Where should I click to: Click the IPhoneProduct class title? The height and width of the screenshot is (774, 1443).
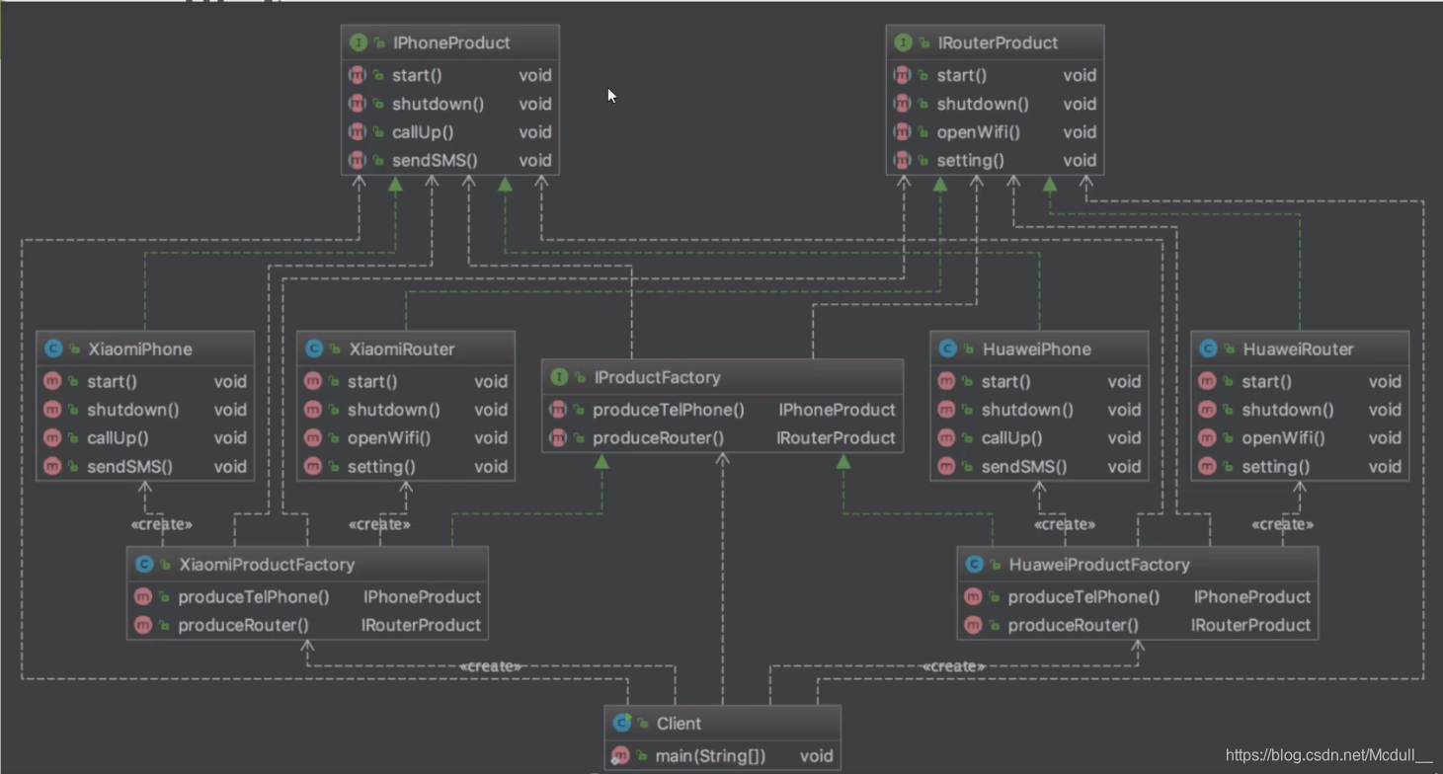pyautogui.click(x=450, y=43)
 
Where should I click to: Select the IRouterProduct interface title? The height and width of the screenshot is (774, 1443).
pyautogui.click(x=996, y=43)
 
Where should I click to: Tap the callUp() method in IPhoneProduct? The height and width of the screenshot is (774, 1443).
pyautogui.click(x=423, y=132)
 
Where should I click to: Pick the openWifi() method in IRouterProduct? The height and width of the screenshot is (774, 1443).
pyautogui.click(x=978, y=132)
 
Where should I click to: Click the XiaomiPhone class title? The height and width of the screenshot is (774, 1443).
pyautogui.click(x=140, y=349)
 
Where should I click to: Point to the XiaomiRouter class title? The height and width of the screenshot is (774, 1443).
pyautogui.click(x=402, y=349)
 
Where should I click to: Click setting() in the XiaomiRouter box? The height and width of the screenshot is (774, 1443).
pyautogui.click(x=381, y=467)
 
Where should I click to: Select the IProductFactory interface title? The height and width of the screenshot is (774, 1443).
pyautogui.click(x=657, y=378)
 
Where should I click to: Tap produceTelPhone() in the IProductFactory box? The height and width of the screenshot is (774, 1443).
pyautogui.click(x=668, y=410)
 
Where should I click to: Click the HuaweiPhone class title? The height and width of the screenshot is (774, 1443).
pyautogui.click(x=1036, y=349)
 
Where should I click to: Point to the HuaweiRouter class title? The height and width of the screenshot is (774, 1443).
pyautogui.click(x=1298, y=349)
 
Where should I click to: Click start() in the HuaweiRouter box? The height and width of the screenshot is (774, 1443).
pyautogui.click(x=1266, y=382)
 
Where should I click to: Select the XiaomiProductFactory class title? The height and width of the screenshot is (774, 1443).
pyautogui.click(x=266, y=565)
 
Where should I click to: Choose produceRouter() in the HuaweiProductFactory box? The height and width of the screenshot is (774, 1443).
pyautogui.click(x=1073, y=625)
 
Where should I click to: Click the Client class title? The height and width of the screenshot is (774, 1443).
pyautogui.click(x=679, y=724)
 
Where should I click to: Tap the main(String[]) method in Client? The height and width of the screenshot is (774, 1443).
pyautogui.click(x=710, y=756)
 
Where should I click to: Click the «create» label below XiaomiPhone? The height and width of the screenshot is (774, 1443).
pyautogui.click(x=161, y=524)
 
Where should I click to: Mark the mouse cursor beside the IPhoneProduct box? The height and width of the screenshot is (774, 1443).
pyautogui.click(x=611, y=95)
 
